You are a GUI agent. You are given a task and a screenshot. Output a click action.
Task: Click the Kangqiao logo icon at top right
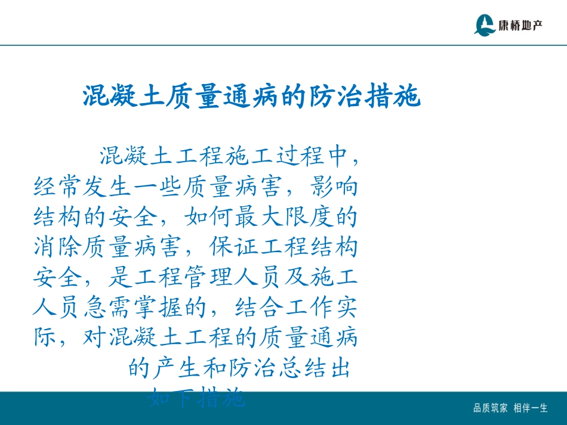point(485,24)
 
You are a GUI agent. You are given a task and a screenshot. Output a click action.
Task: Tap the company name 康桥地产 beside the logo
point(521,26)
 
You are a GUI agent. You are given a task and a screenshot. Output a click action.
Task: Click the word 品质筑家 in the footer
point(491,408)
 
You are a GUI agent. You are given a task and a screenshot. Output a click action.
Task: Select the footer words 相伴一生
point(531,408)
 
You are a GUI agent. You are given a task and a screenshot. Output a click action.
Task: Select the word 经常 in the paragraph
point(58,187)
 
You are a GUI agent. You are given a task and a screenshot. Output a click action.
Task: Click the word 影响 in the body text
point(334,187)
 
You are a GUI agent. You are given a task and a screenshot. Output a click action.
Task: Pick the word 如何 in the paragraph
point(208,217)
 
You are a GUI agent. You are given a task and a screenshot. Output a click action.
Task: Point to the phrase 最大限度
point(284,217)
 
